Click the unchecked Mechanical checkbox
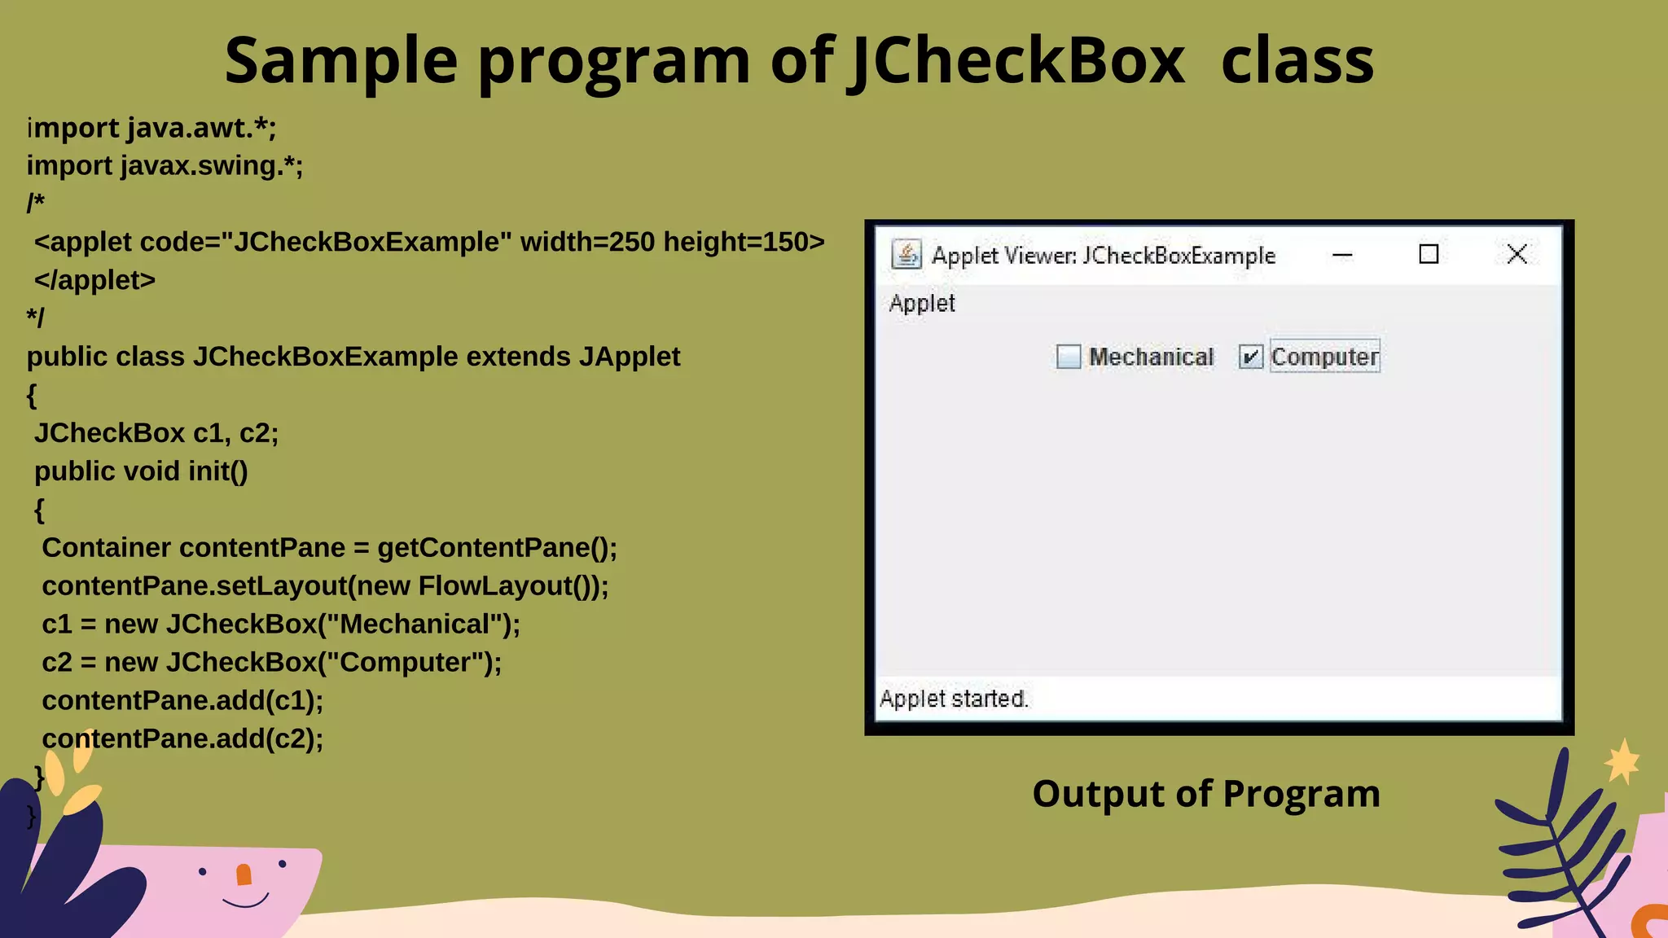[x=1068, y=357]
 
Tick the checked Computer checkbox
[x=1250, y=357]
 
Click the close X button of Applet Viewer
[x=1517, y=254]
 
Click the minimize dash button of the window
[x=1342, y=255]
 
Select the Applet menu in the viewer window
[x=921, y=304]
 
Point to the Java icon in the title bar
[x=906, y=254]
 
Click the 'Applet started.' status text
[x=954, y=699]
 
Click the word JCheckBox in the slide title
[x=1016, y=61]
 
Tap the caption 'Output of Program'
[x=1205, y=794]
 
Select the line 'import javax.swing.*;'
[x=165, y=166]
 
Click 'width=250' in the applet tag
[x=587, y=242]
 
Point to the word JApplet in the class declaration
[x=630, y=357]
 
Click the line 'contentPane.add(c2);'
[x=182, y=739]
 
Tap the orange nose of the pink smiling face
[x=244, y=874]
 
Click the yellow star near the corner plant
[x=1622, y=762]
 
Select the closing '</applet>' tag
[x=94, y=280]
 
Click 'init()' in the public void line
[x=217, y=471]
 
